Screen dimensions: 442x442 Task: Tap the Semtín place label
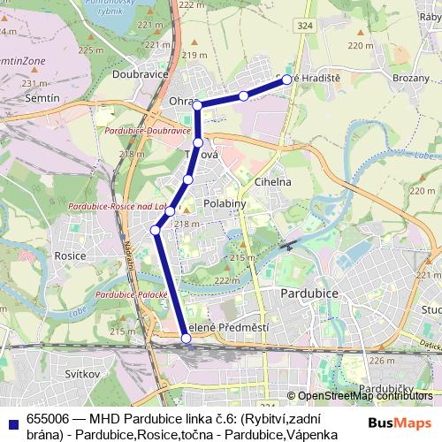[42, 97]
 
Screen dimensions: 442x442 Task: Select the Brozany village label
[410, 78]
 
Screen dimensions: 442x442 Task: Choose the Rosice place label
[70, 255]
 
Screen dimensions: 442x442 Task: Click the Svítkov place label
[84, 374]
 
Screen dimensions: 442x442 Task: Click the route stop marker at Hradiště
[287, 80]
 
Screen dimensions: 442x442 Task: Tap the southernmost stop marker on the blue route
[186, 338]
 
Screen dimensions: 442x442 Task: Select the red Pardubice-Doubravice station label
[148, 131]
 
